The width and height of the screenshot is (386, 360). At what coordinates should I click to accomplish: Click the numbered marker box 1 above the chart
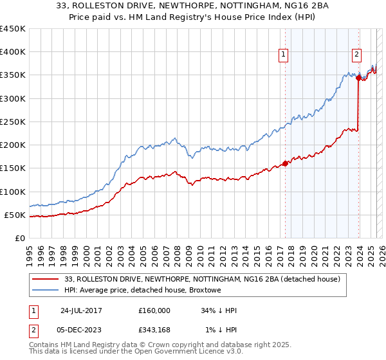pos(284,55)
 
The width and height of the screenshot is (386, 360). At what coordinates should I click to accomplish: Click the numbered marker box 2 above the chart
pos(356,55)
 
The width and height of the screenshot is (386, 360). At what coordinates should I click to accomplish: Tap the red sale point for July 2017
pos(285,163)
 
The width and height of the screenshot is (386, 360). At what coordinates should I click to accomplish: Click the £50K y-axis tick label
pos(15,215)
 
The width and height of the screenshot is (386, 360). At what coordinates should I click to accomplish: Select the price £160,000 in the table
pos(154,310)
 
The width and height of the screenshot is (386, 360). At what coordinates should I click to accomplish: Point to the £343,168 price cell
pos(154,330)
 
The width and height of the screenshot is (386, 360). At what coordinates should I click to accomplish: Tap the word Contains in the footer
pos(44,345)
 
